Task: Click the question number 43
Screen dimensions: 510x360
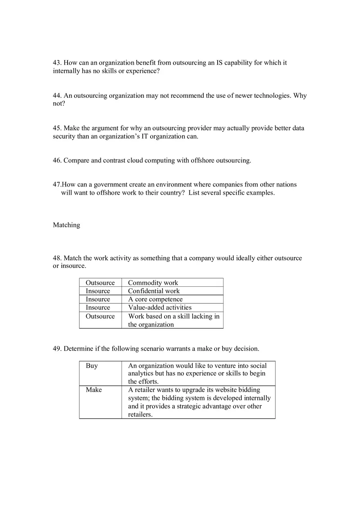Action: tap(57, 63)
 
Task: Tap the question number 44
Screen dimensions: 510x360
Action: tap(57, 96)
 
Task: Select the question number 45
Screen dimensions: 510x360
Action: tap(57, 128)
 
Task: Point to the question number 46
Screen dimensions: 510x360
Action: tap(57, 161)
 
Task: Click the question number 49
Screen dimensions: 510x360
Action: tap(57, 349)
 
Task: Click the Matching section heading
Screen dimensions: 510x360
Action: tap(66, 225)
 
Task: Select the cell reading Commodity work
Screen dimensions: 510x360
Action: tap(153, 283)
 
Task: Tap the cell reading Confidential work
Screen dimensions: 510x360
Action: tap(154, 291)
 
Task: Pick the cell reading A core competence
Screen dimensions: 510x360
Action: tap(155, 299)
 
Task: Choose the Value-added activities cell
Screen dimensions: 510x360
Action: tap(160, 308)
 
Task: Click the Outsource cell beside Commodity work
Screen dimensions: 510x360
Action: tap(100, 283)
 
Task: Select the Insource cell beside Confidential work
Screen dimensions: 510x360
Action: tap(98, 291)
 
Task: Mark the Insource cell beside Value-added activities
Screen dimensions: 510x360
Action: tap(98, 308)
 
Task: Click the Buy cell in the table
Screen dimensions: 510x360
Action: tap(92, 366)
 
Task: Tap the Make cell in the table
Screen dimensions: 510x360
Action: tap(94, 390)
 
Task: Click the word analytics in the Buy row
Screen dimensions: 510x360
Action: tap(141, 374)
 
